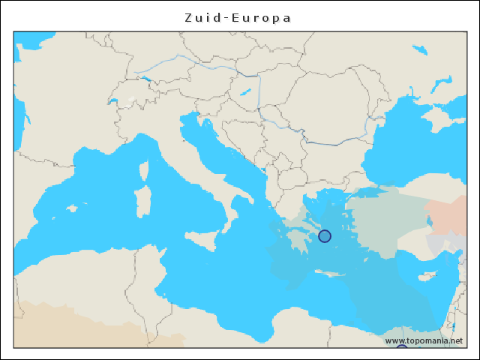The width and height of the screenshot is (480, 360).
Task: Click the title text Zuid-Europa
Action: pos(238,17)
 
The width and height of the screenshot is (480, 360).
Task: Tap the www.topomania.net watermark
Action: pos(424,340)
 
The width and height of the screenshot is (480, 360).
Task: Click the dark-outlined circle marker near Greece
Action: pos(324,236)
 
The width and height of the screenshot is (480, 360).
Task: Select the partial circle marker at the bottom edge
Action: pos(401,348)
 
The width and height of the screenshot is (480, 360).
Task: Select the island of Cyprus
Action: pos(424,276)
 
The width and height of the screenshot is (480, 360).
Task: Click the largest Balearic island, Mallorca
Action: pos(72,207)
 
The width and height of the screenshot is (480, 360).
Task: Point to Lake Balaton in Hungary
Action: pos(244,93)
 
